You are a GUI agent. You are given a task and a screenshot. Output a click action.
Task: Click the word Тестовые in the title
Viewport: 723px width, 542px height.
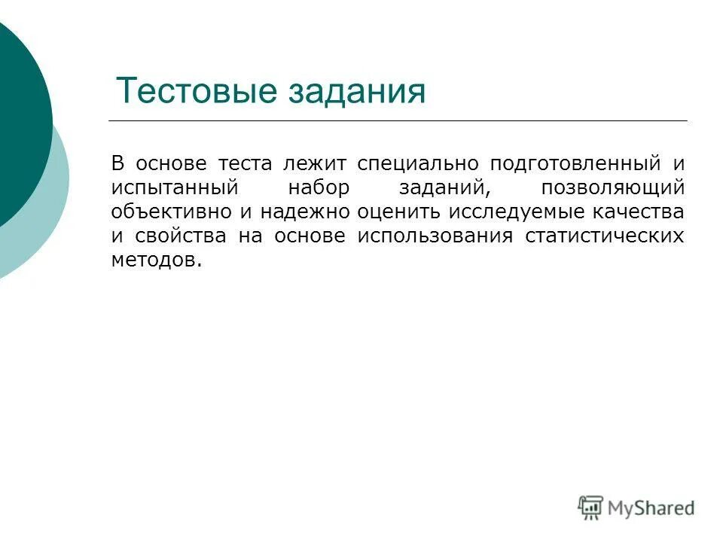tap(197, 92)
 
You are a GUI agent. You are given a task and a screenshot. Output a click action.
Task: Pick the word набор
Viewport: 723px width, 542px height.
tap(319, 187)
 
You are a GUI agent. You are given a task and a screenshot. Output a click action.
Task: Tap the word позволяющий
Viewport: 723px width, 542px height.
tap(612, 187)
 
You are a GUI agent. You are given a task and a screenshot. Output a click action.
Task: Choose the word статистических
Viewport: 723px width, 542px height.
tap(604, 236)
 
